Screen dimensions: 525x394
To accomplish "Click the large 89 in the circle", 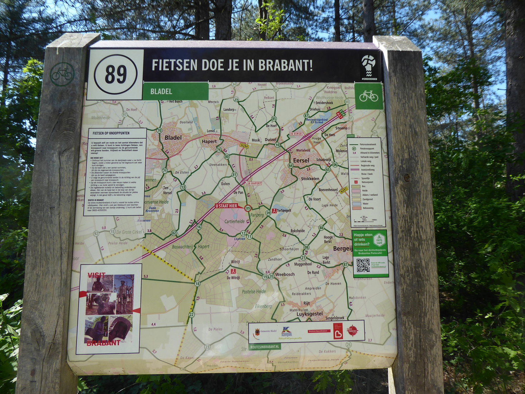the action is pyautogui.click(x=116, y=75).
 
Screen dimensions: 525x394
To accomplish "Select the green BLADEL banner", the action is pyautogui.click(x=175, y=91).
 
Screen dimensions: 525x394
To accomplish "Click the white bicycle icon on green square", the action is pyautogui.click(x=369, y=96).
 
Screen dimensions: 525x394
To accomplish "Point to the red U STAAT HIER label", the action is pyautogui.click(x=227, y=206).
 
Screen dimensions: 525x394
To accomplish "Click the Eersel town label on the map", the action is pyautogui.click(x=301, y=160).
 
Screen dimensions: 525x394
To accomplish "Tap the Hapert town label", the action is pyautogui.click(x=209, y=141).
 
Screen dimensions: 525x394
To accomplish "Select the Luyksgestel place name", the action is pyautogui.click(x=310, y=314).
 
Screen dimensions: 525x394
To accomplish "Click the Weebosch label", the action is pyautogui.click(x=285, y=274).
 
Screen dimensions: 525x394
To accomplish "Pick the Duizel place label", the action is pyautogui.click(x=270, y=140).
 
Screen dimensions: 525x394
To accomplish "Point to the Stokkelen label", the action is pyautogui.click(x=310, y=178).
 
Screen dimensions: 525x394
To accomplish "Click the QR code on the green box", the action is pyautogui.click(x=363, y=265).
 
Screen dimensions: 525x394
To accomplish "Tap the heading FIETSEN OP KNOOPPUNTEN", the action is pyautogui.click(x=111, y=133).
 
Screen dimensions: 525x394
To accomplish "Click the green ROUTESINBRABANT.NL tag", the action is pyautogui.click(x=265, y=347).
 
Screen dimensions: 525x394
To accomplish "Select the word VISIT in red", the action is pyautogui.click(x=96, y=275).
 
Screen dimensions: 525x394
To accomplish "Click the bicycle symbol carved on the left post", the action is pyautogui.click(x=62, y=74).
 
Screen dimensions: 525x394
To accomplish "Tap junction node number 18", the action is pyautogui.click(x=197, y=284).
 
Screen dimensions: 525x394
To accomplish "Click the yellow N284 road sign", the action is pyautogui.click(x=244, y=146).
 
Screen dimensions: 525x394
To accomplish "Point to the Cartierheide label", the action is pyautogui.click(x=234, y=221).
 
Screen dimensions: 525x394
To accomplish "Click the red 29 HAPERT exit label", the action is pyautogui.click(x=254, y=183).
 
